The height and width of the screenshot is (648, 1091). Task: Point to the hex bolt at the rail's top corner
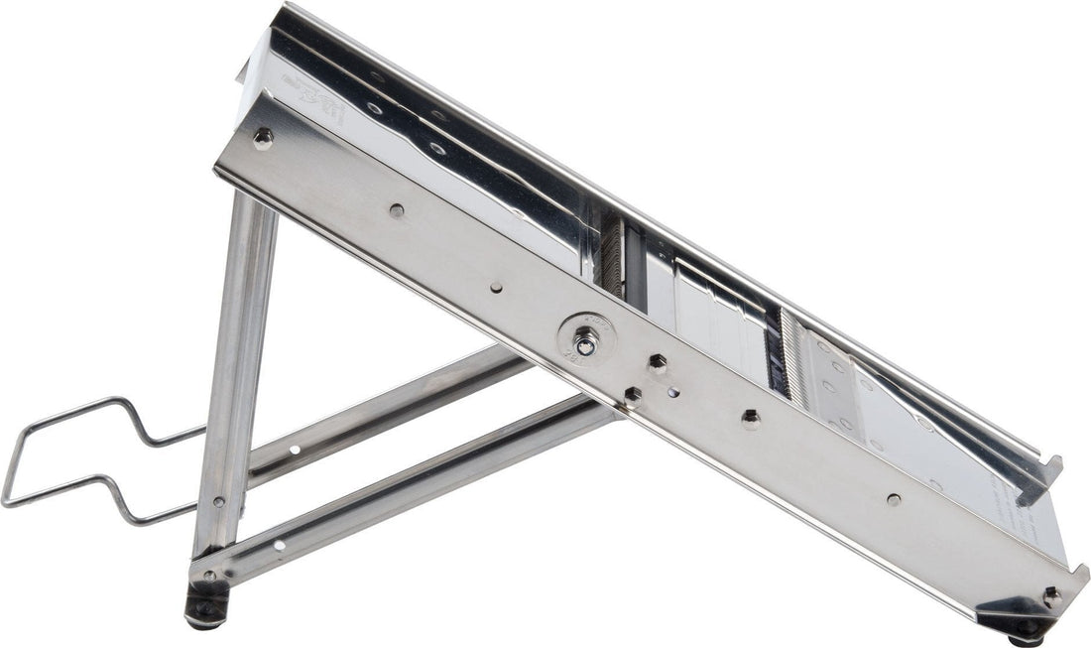pyautogui.click(x=262, y=138)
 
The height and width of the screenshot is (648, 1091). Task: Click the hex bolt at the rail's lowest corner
pyautogui.click(x=1051, y=597)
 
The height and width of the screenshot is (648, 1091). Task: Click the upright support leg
pyautogui.click(x=236, y=377)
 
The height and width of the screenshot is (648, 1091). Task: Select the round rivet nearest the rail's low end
pyautogui.click(x=894, y=499)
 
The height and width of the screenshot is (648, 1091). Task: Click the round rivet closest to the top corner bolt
pyautogui.click(x=397, y=210)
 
